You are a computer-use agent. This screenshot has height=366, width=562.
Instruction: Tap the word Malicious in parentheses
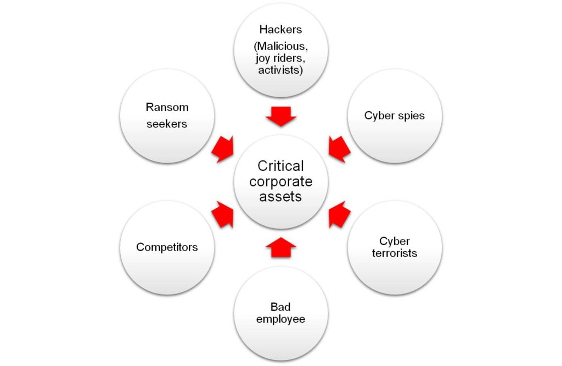[282, 47]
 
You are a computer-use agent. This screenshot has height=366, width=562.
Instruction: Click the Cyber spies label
[394, 116]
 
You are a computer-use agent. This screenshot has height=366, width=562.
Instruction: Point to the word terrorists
[395, 253]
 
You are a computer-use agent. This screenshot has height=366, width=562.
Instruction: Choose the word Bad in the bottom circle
[280, 307]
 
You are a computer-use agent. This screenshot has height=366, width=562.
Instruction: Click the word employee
[280, 319]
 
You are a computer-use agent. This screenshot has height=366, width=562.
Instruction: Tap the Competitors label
[167, 247]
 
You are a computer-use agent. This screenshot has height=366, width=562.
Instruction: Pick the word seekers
[166, 124]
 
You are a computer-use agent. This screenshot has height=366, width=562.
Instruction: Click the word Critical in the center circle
[280, 166]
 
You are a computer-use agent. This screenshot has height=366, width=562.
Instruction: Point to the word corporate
[280, 181]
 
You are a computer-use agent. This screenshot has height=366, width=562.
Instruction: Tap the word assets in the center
[280, 196]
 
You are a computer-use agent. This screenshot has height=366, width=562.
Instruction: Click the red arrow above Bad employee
[280, 247]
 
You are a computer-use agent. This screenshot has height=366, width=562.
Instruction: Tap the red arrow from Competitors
[223, 214]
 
